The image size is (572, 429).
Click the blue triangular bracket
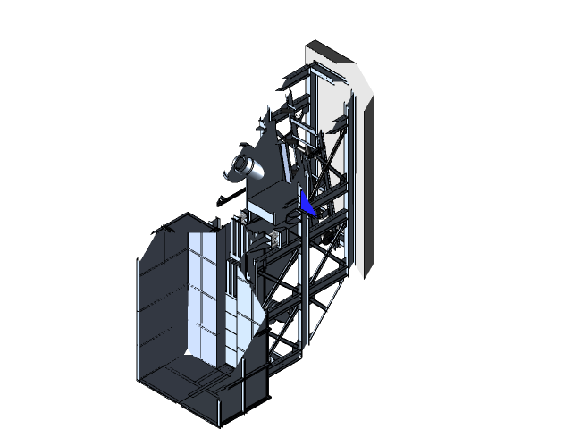[x=307, y=206]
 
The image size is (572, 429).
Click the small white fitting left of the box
[x=241, y=217]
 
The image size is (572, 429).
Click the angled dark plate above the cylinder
[x=265, y=143]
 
